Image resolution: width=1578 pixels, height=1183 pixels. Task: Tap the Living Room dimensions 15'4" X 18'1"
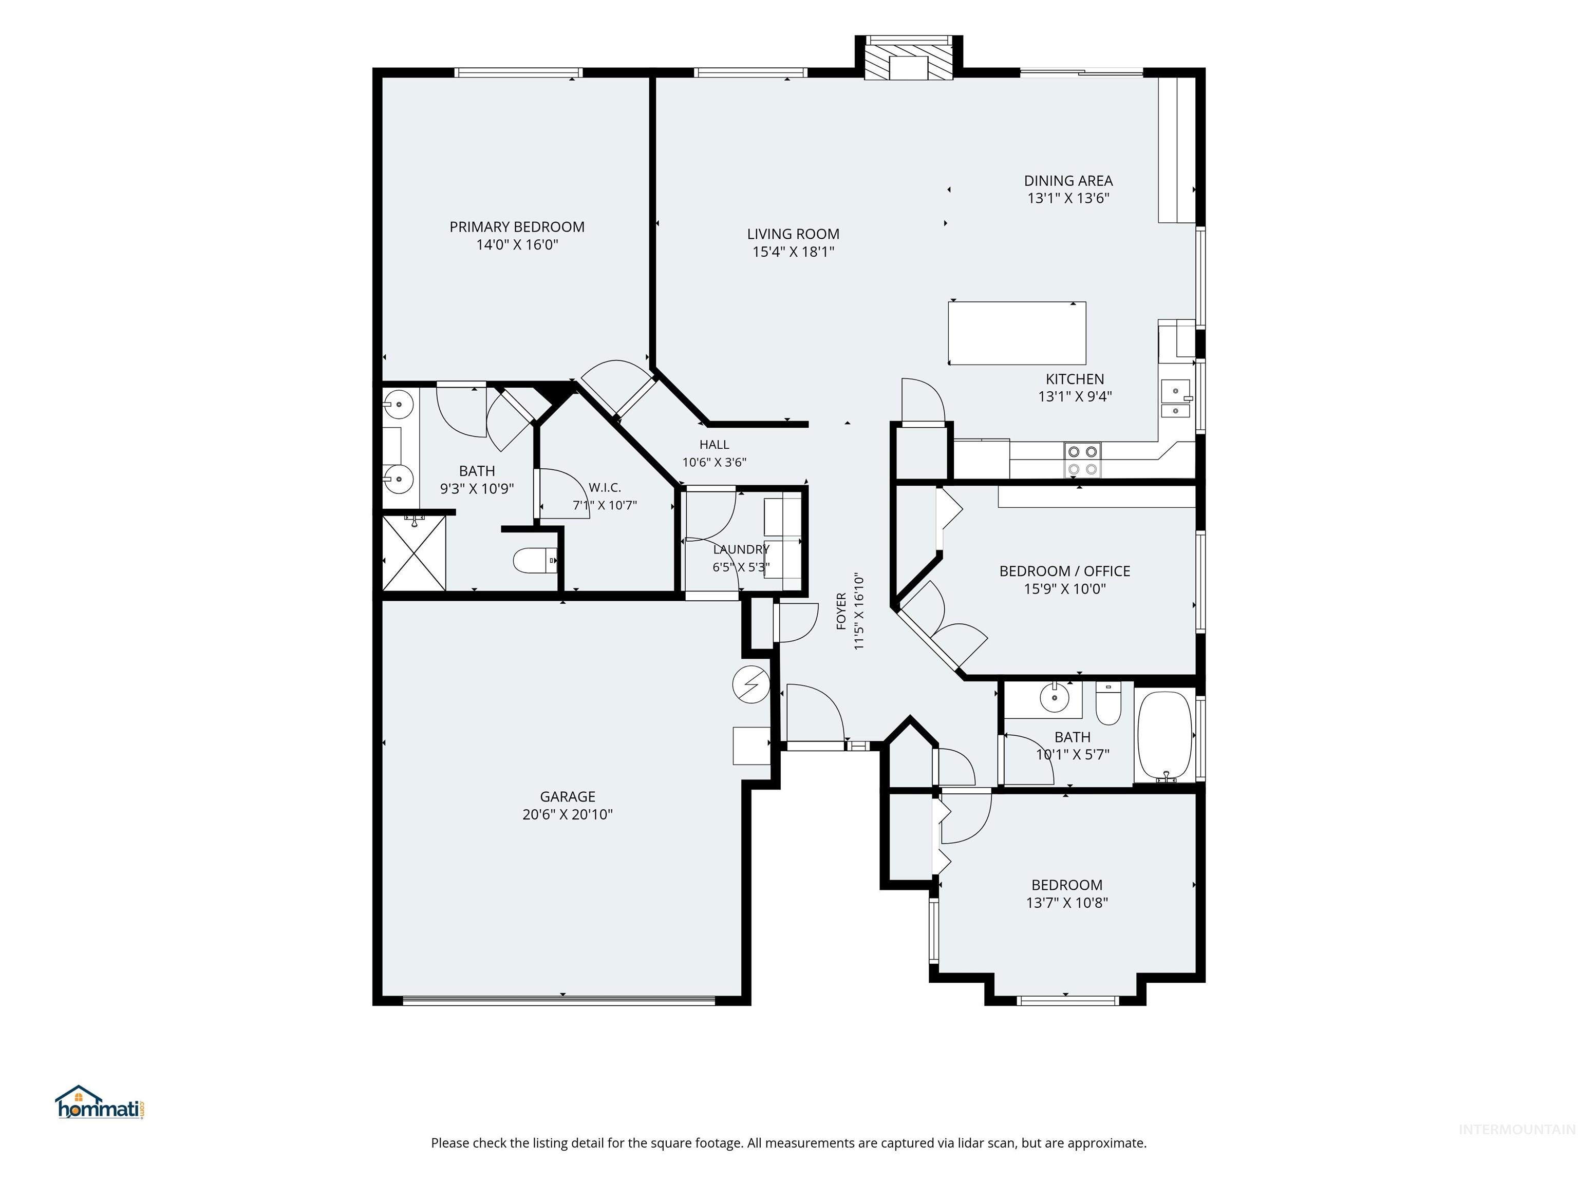793,251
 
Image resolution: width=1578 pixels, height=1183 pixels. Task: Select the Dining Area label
1068,181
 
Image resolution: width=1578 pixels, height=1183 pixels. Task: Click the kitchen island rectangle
1017,333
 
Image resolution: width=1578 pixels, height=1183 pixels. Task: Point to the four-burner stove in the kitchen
1082,460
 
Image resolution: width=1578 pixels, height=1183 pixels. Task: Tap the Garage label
567,796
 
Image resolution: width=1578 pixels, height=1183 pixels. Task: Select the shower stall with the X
414,552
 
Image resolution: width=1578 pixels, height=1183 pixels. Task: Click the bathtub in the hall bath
1164,737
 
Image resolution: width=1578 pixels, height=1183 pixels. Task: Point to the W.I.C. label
605,488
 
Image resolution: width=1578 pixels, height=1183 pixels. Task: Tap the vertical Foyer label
841,611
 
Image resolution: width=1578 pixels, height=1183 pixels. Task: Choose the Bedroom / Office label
1064,571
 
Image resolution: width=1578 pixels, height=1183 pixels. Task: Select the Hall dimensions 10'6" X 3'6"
714,462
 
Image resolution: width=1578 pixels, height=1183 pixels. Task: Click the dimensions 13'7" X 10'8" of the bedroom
1066,903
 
